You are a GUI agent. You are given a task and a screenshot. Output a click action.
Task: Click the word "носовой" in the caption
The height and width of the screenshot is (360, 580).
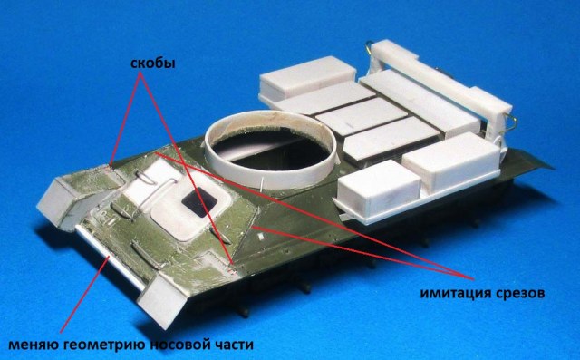[x=181, y=344]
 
